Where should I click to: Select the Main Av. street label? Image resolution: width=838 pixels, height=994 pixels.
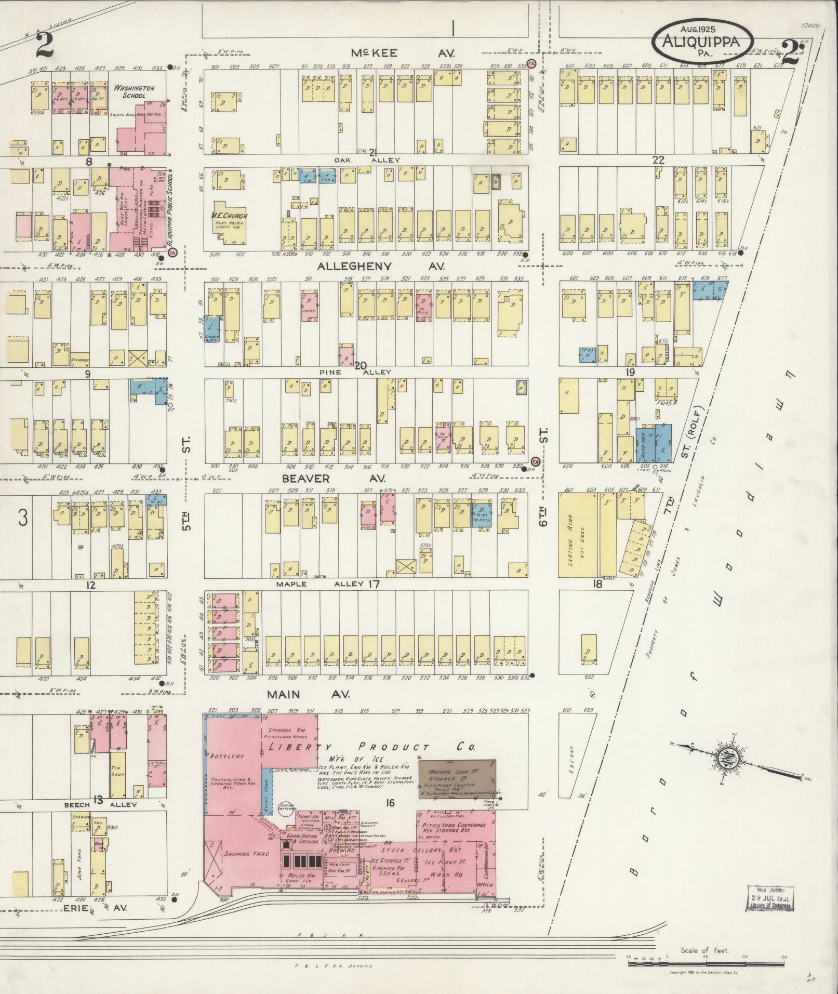[309, 694]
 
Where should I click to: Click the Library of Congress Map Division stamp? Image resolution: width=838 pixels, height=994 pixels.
[770, 898]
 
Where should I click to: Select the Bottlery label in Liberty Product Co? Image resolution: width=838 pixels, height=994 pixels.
[227, 756]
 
